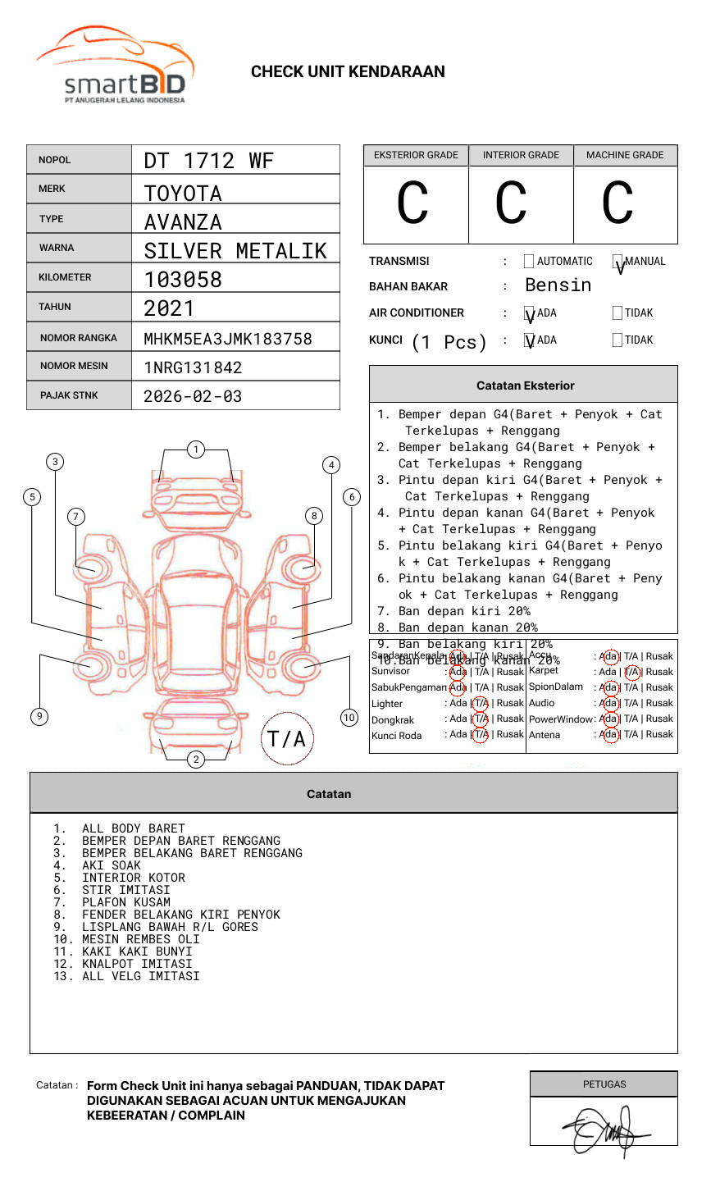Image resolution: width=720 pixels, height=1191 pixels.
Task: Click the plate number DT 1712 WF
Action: (208, 161)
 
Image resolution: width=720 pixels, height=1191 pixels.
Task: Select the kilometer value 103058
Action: (183, 280)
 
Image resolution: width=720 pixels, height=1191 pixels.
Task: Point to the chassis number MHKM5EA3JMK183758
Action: (228, 339)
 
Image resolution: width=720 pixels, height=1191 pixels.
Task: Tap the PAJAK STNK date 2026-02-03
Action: (193, 396)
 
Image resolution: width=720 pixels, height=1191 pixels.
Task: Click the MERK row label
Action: (52, 189)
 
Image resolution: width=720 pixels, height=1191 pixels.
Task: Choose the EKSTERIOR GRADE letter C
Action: (412, 203)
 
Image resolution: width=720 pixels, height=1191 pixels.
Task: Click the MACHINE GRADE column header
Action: (625, 155)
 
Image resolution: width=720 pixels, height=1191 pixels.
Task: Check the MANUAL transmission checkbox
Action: (617, 262)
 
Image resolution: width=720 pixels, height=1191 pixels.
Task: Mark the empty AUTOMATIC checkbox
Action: (529, 262)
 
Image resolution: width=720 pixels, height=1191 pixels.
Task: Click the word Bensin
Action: (558, 285)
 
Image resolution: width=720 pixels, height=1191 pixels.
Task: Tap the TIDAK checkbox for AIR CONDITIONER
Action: (617, 313)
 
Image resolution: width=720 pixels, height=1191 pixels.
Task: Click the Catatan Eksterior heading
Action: (525, 386)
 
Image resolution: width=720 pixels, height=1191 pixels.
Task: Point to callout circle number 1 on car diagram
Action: (195, 449)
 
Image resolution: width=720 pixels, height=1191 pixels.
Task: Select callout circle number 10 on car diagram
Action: (349, 718)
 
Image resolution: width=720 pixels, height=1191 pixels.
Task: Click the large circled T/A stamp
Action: (287, 739)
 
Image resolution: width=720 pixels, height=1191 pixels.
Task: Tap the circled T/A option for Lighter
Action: (481, 703)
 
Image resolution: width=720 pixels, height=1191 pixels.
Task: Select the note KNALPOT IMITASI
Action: (137, 964)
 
